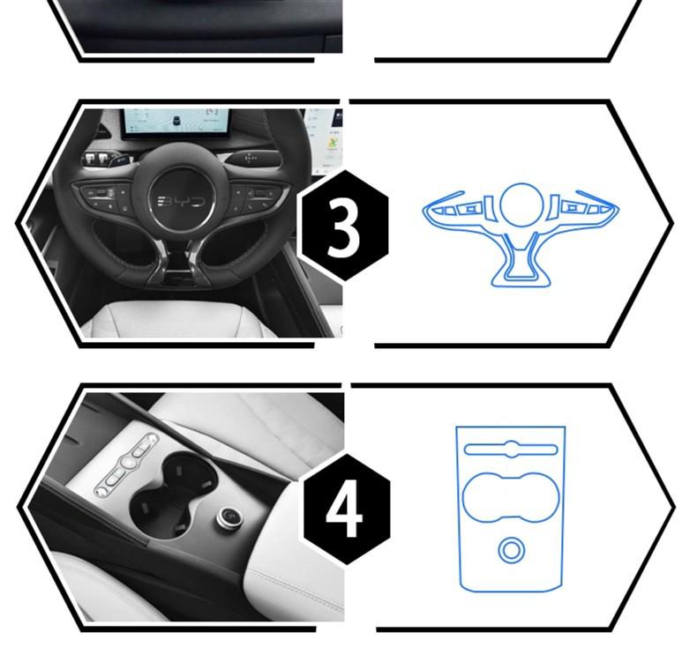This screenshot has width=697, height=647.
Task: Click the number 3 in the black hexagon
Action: (x=344, y=227)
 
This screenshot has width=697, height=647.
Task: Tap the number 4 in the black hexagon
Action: (x=346, y=509)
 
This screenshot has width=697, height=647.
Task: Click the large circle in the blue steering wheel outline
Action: (x=521, y=205)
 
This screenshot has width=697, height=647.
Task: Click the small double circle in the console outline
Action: (x=509, y=550)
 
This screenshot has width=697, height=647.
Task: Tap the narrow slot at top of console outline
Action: (x=509, y=449)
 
